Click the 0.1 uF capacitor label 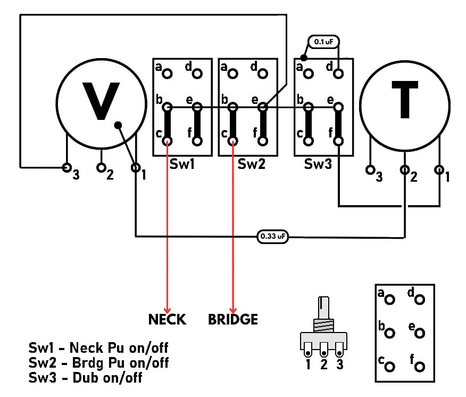coord(323,42)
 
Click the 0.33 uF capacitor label coord(273,237)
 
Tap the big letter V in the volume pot coord(101,101)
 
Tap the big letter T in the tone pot coord(405,99)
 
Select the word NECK coord(168,319)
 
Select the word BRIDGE coord(233,319)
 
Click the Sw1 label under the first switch coord(182,164)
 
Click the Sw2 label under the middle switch coord(251,164)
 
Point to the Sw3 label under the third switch coord(318,164)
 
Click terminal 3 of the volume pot coord(66,168)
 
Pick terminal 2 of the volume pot coord(102,168)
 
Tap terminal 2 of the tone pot coord(404,170)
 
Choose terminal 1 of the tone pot coord(439,170)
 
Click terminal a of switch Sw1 coord(168,73)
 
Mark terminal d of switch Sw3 coord(338,73)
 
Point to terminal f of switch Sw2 coord(263,141)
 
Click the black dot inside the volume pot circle coord(118,125)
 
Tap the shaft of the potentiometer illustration coord(323,308)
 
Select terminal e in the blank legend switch coord(420,333)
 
